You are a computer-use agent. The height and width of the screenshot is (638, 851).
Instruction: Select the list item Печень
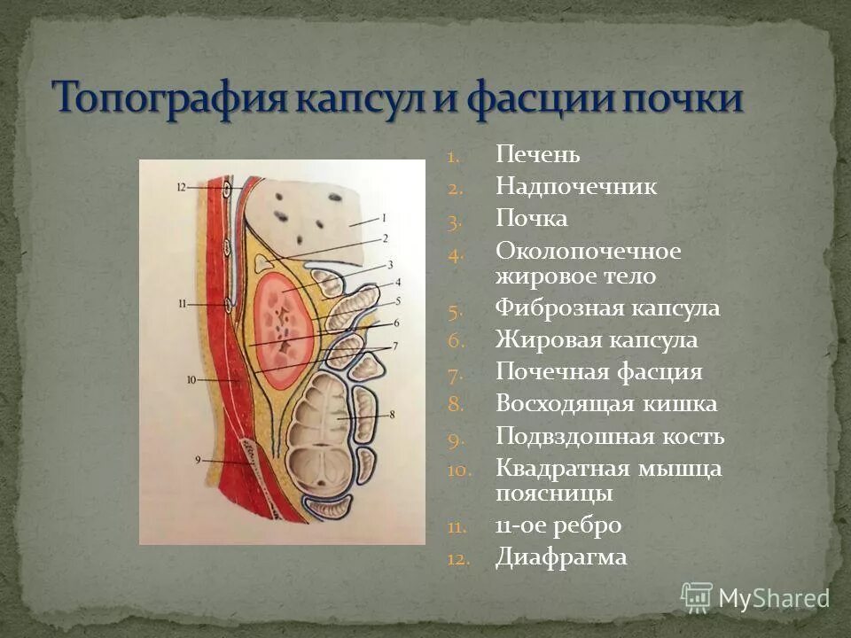click(538, 156)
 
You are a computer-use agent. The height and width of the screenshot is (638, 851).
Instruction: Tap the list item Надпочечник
click(576, 187)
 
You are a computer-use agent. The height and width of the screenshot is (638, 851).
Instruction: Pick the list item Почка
click(532, 219)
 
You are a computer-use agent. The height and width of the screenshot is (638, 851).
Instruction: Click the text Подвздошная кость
click(610, 437)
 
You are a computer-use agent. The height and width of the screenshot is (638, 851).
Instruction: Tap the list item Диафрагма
click(561, 557)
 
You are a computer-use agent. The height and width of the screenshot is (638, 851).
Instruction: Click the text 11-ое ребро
click(558, 525)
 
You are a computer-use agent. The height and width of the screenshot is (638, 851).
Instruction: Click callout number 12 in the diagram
click(181, 188)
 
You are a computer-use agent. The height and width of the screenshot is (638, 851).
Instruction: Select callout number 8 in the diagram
click(391, 415)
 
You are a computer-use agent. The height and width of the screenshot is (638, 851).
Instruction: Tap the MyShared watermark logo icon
click(697, 597)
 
